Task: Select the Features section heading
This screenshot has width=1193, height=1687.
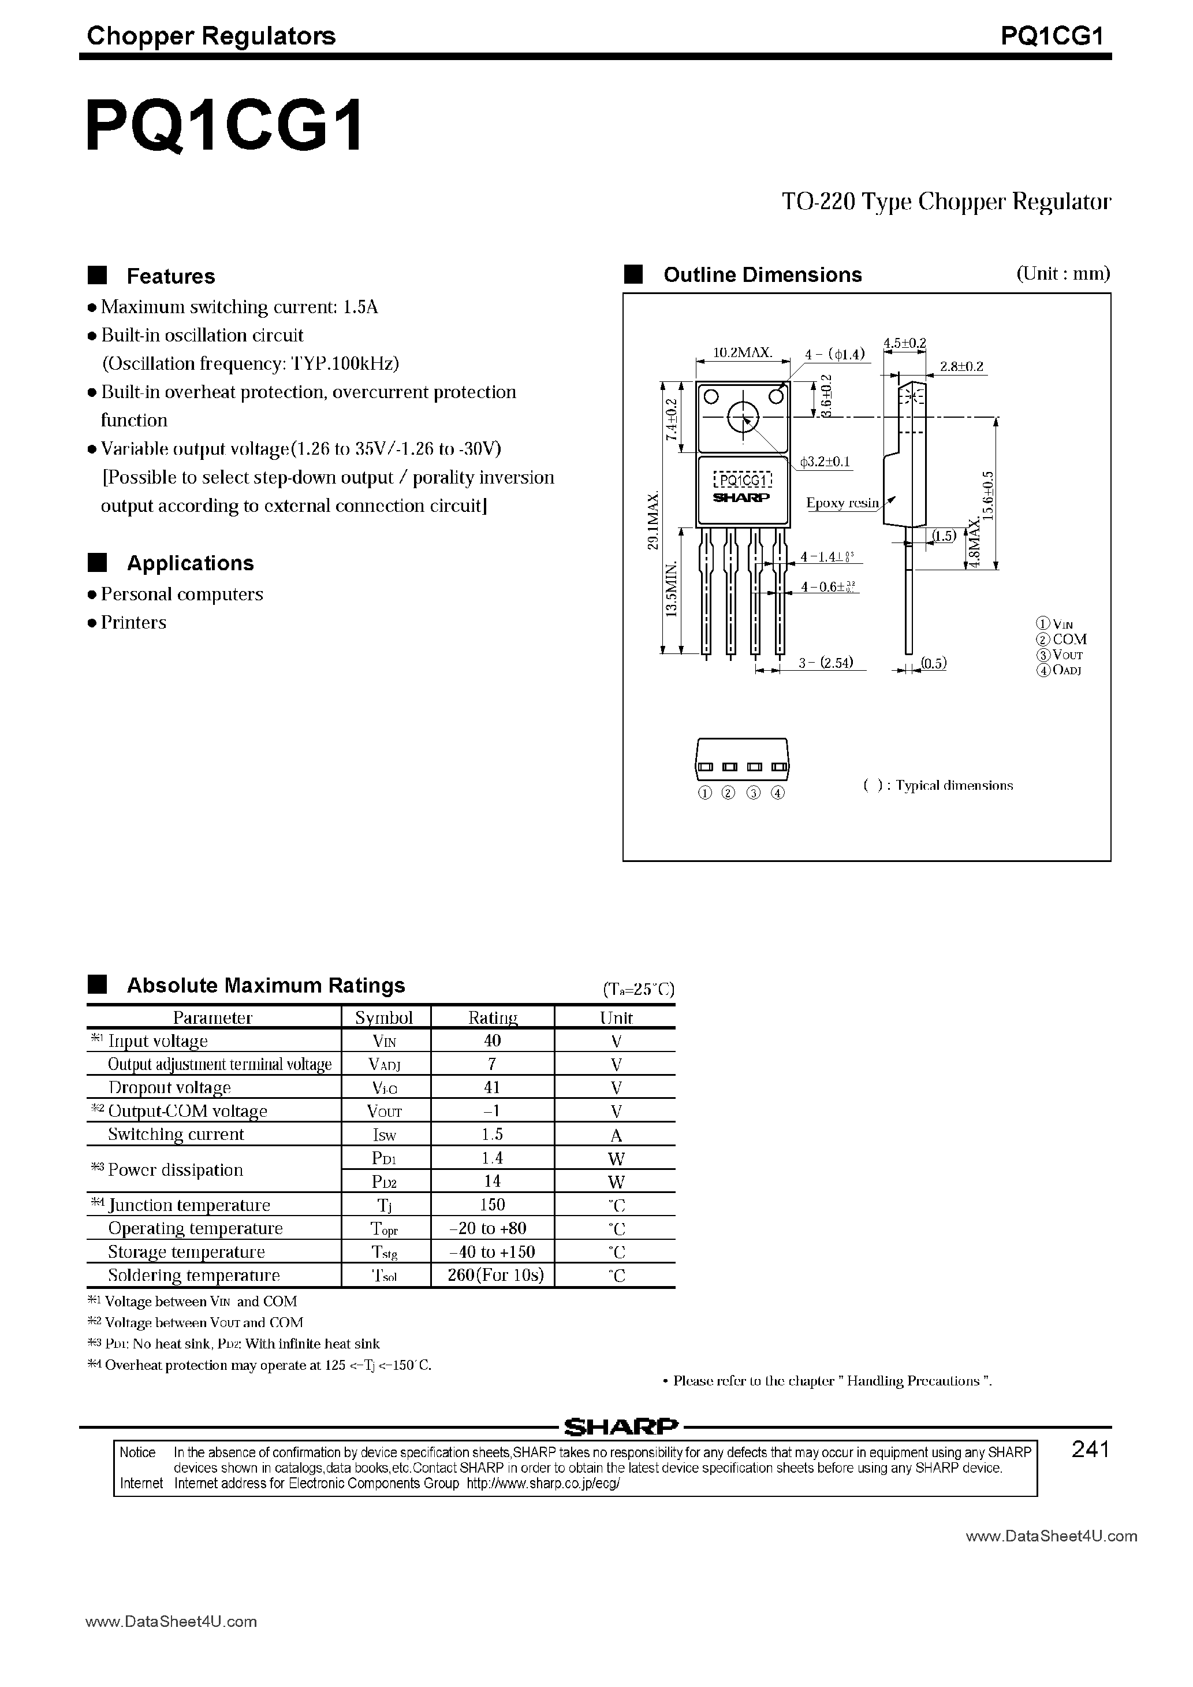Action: coord(170,276)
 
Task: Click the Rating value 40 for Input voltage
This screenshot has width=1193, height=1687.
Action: coord(492,1041)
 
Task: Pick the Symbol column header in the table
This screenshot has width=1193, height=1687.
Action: coord(384,1017)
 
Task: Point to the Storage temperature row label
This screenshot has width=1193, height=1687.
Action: coord(186,1252)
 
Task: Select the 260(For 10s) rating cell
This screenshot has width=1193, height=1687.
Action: coord(495,1275)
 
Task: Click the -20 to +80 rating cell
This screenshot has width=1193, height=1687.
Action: coord(491,1228)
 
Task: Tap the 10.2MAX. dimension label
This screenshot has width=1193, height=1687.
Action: coord(742,352)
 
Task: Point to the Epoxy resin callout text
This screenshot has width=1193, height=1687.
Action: coord(842,503)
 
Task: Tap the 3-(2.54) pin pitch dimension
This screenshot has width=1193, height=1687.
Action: coord(826,663)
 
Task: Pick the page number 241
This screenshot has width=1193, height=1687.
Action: coord(1090,1450)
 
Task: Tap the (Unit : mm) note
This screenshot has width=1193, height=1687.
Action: coord(1063,274)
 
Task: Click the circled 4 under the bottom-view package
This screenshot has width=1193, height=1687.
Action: coord(778,793)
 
